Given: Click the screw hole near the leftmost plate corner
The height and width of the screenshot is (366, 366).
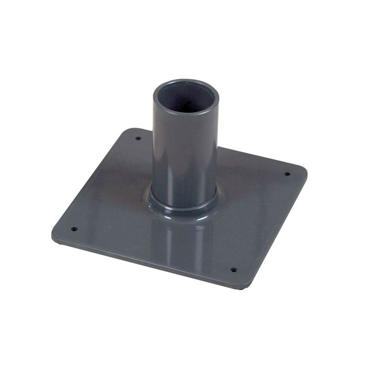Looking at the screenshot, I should click(74, 228).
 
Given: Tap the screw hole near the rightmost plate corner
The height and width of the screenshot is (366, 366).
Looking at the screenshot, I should click(287, 174).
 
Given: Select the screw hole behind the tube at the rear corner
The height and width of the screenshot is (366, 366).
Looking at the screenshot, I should click(138, 139).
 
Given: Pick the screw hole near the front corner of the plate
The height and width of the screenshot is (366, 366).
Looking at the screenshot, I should click(233, 270).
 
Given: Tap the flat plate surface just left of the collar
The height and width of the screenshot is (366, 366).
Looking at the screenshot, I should click(120, 204).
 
